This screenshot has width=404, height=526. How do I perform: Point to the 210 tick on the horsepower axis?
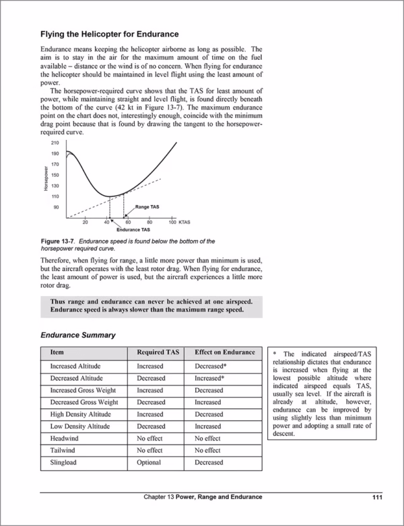click(x=55, y=143)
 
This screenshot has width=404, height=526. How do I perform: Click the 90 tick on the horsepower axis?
click(x=56, y=207)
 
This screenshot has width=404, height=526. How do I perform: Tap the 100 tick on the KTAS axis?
click(x=172, y=221)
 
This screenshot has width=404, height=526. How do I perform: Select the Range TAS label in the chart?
click(x=147, y=206)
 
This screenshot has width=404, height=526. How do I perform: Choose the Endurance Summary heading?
click(x=77, y=334)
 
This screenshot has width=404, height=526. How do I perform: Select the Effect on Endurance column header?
click(x=225, y=352)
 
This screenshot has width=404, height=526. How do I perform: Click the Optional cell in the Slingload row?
click(x=149, y=462)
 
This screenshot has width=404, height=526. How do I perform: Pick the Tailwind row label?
click(x=64, y=450)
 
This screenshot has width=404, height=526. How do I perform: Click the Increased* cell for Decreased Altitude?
click(x=209, y=379)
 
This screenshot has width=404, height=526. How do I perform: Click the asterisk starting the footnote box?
click(x=275, y=354)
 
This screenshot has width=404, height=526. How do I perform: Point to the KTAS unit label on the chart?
click(x=184, y=221)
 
